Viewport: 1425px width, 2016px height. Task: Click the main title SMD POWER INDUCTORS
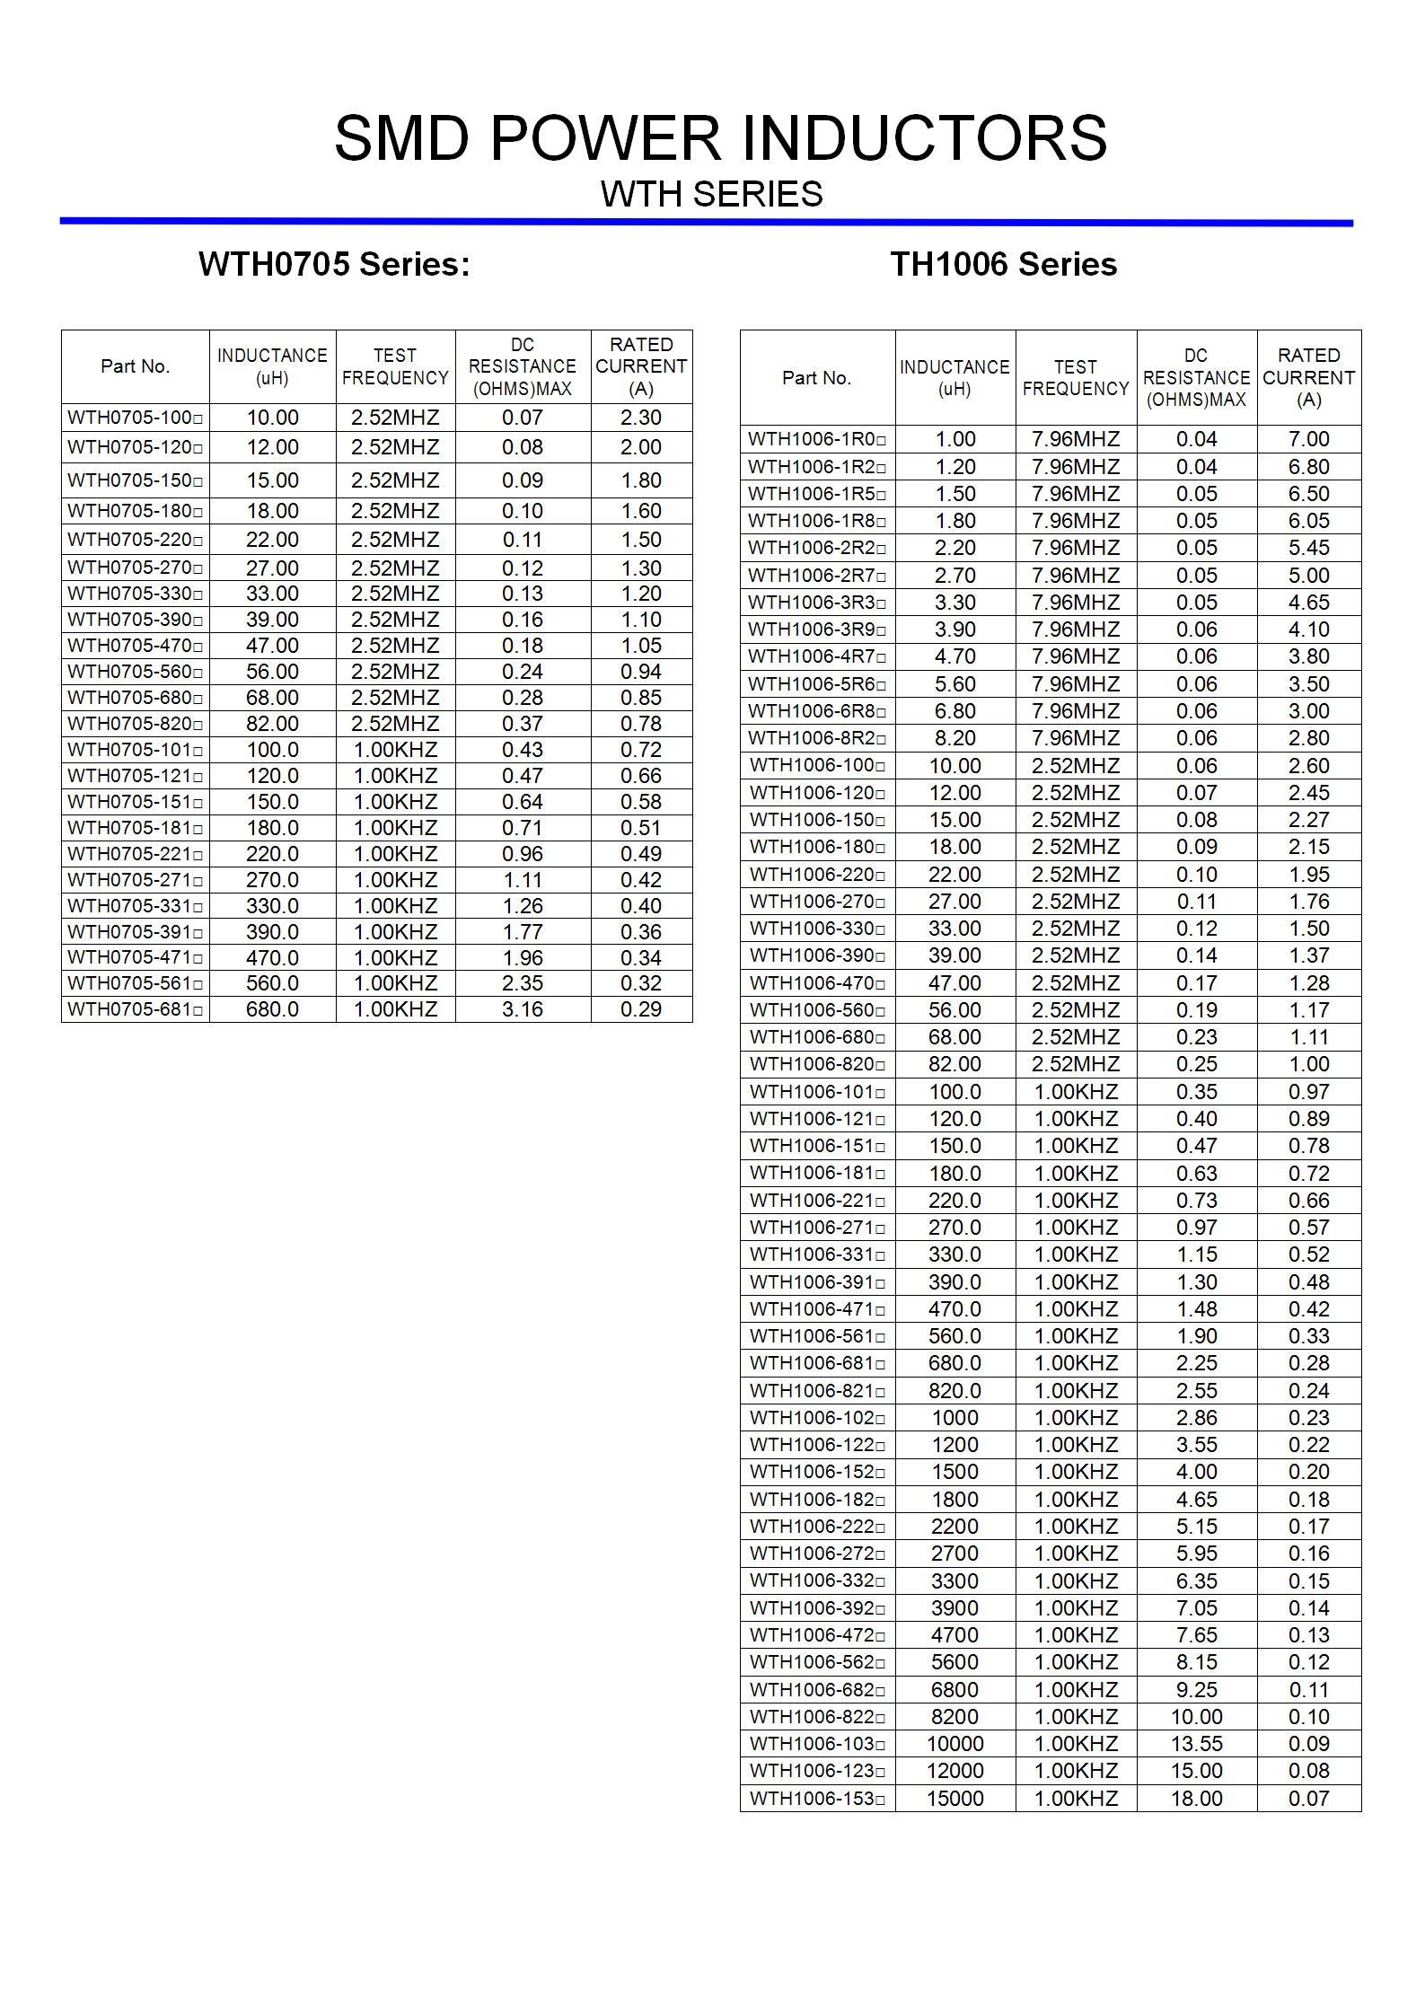coord(720,138)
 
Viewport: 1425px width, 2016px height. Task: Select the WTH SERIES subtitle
coord(711,194)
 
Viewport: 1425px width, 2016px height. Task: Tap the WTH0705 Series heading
coord(334,264)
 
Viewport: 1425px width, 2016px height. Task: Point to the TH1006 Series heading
coord(1003,264)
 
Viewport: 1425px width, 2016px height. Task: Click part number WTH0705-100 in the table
coord(135,418)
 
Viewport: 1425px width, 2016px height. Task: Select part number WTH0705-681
coord(135,1009)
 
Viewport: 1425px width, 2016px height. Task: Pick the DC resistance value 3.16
coord(523,1009)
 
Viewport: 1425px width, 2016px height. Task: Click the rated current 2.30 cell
coord(641,418)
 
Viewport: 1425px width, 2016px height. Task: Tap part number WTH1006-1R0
coord(816,439)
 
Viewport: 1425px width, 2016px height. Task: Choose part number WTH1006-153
coord(816,1799)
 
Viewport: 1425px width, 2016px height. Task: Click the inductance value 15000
coord(954,1799)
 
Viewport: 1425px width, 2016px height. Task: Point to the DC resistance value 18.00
coord(1197,1799)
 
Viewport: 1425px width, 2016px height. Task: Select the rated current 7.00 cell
coord(1309,439)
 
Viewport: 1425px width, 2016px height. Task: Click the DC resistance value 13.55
coord(1197,1744)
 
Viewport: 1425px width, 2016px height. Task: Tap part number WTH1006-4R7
coord(816,656)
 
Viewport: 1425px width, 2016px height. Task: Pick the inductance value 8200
coord(954,1717)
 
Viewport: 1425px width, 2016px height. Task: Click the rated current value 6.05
coord(1309,521)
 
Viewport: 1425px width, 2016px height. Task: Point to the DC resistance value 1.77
coord(523,932)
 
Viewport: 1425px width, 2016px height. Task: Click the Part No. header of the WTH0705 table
coord(135,366)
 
